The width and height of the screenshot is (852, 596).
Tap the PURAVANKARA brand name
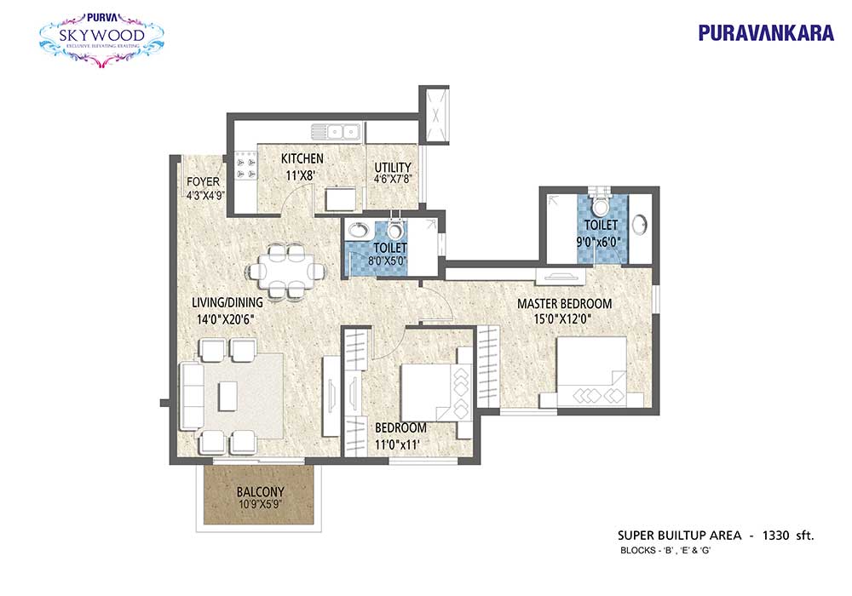pyautogui.click(x=766, y=33)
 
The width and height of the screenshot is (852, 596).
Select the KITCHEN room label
pyautogui.click(x=302, y=158)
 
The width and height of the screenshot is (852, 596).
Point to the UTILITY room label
pyautogui.click(x=392, y=167)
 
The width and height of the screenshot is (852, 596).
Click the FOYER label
pyautogui.click(x=204, y=181)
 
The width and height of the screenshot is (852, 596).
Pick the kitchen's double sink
pyautogui.click(x=336, y=132)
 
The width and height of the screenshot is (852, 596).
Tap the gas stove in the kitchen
pyautogui.click(x=245, y=167)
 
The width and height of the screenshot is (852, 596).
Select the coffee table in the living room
pyautogui.click(x=228, y=395)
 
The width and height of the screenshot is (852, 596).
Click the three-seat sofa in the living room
pyautogui.click(x=191, y=396)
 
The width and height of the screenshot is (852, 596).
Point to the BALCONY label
pyautogui.click(x=260, y=492)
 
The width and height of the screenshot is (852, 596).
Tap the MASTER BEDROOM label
pyautogui.click(x=564, y=303)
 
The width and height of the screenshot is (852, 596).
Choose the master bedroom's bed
pyautogui.click(x=592, y=372)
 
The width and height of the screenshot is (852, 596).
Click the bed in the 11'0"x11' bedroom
pyautogui.click(x=435, y=393)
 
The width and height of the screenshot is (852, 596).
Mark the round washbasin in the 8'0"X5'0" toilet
pyautogui.click(x=359, y=230)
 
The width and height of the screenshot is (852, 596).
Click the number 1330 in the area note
pyautogui.click(x=776, y=536)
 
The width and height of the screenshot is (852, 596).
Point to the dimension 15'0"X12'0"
pyautogui.click(x=561, y=319)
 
